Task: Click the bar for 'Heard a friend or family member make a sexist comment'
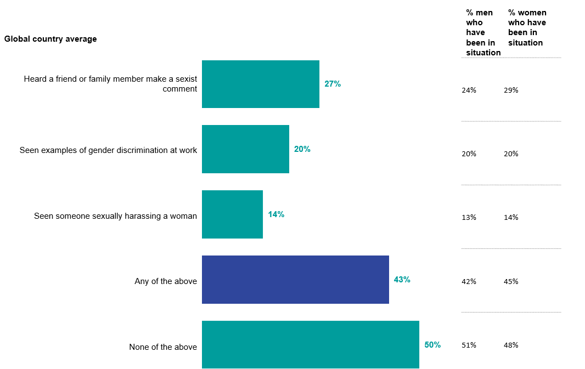point(261,84)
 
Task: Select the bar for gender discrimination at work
point(245,149)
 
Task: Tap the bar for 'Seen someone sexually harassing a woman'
point(232,214)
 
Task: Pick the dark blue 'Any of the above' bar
point(295,280)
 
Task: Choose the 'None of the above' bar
point(311,344)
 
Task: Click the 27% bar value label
point(333,84)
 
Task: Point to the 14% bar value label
point(276,214)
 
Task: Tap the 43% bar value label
point(402,280)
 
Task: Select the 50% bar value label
point(432,345)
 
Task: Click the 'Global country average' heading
point(50,39)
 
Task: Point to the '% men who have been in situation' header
point(483,32)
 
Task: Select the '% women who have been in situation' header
point(527,27)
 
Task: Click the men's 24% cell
point(469,90)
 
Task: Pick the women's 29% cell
point(511,90)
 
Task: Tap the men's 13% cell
point(469,218)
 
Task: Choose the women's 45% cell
point(511,282)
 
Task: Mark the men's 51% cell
point(469,345)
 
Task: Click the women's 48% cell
point(511,345)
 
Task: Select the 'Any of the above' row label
point(166,281)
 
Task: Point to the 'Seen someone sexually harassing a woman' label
point(115,216)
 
